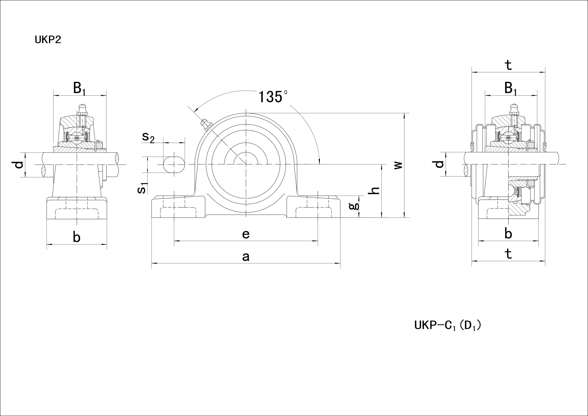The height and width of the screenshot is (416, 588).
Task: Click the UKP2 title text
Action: pos(48,40)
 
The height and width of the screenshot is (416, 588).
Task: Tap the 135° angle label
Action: pos(272,97)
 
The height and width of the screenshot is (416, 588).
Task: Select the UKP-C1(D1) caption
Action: pos(447,326)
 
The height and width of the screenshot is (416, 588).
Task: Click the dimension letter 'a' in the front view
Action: pos(246,256)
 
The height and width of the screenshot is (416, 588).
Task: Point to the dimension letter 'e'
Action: pos(246,234)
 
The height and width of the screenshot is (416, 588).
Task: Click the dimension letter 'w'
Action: pos(398,165)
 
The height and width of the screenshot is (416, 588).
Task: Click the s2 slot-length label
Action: pos(148,137)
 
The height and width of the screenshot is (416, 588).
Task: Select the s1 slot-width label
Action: pos(143,188)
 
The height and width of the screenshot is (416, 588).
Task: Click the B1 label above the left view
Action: pos(79,88)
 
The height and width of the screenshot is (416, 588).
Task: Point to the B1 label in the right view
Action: pos(510,88)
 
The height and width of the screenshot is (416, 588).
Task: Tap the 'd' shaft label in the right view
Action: pos(440,164)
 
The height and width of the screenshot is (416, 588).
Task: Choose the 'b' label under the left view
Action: pos(76,237)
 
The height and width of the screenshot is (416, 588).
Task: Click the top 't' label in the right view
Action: pos(508,65)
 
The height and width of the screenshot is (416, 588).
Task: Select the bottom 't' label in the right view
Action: pos(508,254)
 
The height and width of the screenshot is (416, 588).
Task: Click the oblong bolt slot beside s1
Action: pos(174,165)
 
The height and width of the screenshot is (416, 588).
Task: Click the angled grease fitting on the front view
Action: pos(206,125)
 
